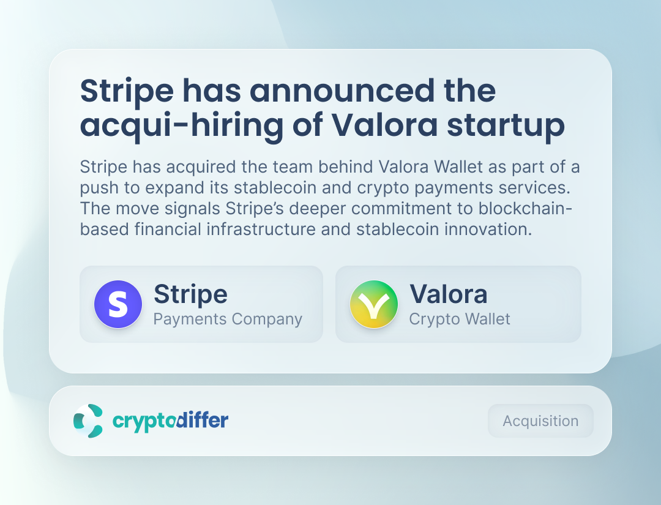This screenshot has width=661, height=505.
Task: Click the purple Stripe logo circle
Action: [x=118, y=304]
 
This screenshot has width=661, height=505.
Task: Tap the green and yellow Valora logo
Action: [x=374, y=304]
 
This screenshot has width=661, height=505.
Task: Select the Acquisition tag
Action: [x=540, y=421]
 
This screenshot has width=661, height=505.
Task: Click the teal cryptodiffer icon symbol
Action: [x=88, y=421]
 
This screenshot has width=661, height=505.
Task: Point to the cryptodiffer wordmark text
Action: [x=170, y=421]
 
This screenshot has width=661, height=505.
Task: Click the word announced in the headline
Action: [x=342, y=91]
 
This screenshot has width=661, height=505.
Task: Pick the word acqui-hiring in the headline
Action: [x=182, y=125]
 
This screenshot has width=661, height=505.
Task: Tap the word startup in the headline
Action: [x=506, y=126]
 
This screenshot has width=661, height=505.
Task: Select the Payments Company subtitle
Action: [x=228, y=319]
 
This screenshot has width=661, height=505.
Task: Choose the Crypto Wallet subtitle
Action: [x=460, y=319]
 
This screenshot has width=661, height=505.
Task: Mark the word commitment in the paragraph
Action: [x=415, y=209]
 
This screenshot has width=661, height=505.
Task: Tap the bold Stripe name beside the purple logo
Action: [x=190, y=294]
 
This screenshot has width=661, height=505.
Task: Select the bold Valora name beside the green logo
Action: [x=449, y=294]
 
